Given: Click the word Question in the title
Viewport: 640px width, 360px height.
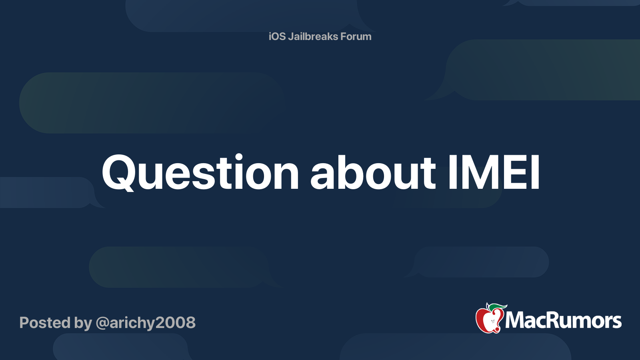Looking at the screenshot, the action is point(200,172).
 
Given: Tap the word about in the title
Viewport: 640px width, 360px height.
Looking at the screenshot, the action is point(373,172).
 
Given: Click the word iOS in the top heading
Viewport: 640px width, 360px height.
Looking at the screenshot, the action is point(277,36).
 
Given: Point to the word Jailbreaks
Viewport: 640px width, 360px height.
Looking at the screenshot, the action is point(313,36).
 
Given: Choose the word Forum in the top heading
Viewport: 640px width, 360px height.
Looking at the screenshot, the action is point(356,36).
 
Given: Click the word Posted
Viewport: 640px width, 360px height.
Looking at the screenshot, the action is point(45,322).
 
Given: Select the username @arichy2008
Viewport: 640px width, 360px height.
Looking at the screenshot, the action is point(146,323).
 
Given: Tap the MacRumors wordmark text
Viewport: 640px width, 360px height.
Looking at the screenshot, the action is point(563,320).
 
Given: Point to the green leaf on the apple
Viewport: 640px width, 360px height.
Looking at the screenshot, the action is point(497,307).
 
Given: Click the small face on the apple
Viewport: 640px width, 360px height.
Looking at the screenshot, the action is point(493,322).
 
